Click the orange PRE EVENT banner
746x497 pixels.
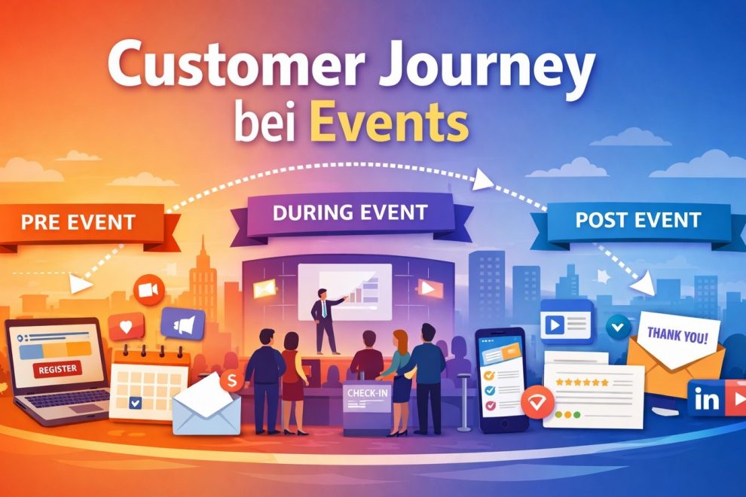pyautogui.click(x=79, y=222)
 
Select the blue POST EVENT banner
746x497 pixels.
pyautogui.click(x=637, y=221)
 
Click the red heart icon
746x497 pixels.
pyautogui.click(x=126, y=326)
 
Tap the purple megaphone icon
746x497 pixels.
pyautogui.click(x=182, y=323)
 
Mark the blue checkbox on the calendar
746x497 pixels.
pyautogui.click(x=135, y=403)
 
